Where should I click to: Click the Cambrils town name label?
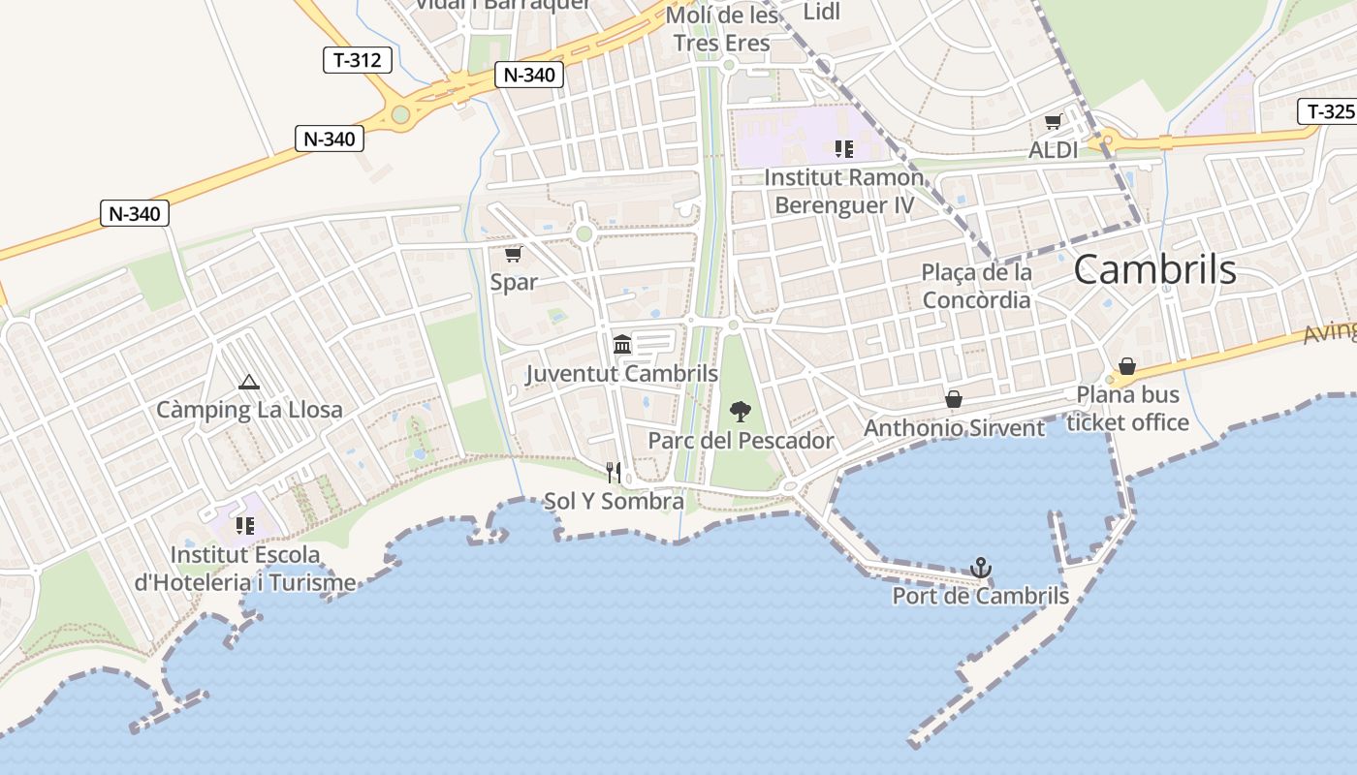1154,269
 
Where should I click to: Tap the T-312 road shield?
357,60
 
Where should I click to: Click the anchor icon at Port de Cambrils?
981,567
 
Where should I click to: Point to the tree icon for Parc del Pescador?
740,412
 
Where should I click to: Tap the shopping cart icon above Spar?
513,255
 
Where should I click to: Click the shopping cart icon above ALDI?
1053,122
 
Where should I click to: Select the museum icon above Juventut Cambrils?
622,344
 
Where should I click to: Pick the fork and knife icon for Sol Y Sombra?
614,473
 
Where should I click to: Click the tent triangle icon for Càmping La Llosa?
249,382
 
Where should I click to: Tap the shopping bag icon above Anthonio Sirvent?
954,399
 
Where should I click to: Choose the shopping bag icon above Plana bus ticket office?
1126,366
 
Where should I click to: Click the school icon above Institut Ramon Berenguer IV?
843,149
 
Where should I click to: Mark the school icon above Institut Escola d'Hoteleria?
245,526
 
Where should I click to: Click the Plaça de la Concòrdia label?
976,286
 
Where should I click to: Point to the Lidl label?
822,12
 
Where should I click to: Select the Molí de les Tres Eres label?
725,29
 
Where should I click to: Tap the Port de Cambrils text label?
980,596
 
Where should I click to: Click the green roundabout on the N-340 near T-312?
400,115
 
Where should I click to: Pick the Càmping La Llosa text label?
249,410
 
